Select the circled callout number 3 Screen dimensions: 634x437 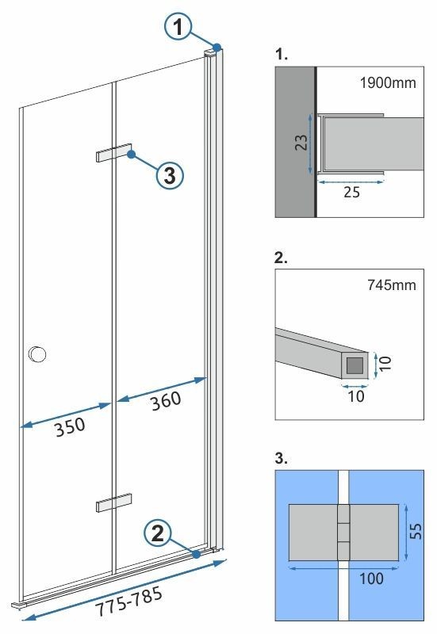pyautogui.click(x=169, y=176)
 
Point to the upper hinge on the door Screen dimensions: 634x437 pyautogui.click(x=113, y=153)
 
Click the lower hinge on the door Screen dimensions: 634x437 pyautogui.click(x=113, y=504)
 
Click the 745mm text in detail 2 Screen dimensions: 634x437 pyautogui.click(x=393, y=284)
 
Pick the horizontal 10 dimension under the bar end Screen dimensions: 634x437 pyautogui.click(x=356, y=395)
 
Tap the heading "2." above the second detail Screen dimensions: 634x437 pyautogui.click(x=281, y=258)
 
